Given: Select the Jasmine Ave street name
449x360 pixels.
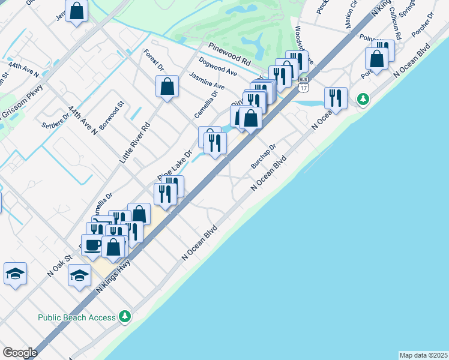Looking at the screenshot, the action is [x=206, y=82].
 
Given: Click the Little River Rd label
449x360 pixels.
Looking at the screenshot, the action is [x=134, y=143].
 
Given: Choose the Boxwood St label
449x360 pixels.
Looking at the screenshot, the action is [x=112, y=115].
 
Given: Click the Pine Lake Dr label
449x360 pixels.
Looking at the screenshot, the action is [x=175, y=165].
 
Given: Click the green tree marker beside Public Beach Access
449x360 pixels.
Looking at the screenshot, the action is [x=125, y=316].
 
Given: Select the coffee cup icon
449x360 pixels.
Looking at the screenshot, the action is [x=92, y=245].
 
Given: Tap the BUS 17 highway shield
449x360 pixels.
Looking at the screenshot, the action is [x=303, y=84].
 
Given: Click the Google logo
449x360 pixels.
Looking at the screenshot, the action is [x=20, y=353].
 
